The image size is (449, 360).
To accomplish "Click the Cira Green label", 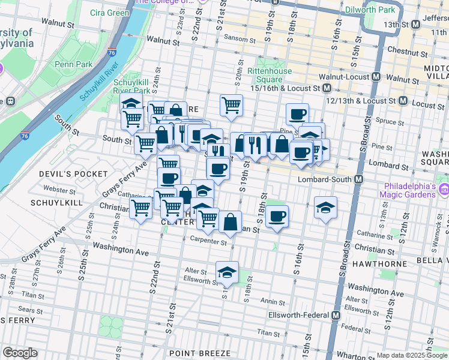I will (109, 13).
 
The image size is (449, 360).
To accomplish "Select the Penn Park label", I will (73, 64).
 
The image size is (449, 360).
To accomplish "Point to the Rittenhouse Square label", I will (270, 75).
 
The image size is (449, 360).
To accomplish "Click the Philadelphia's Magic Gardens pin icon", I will (444, 190).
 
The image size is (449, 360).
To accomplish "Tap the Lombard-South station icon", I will (359, 180).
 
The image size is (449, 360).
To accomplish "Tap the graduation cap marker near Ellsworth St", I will (227, 272).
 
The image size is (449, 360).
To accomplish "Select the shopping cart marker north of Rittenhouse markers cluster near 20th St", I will (231, 105).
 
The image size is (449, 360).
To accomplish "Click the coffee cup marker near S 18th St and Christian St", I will (277, 216).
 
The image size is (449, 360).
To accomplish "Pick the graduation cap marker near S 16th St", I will (325, 207).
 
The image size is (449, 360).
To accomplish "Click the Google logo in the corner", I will (20, 353).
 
